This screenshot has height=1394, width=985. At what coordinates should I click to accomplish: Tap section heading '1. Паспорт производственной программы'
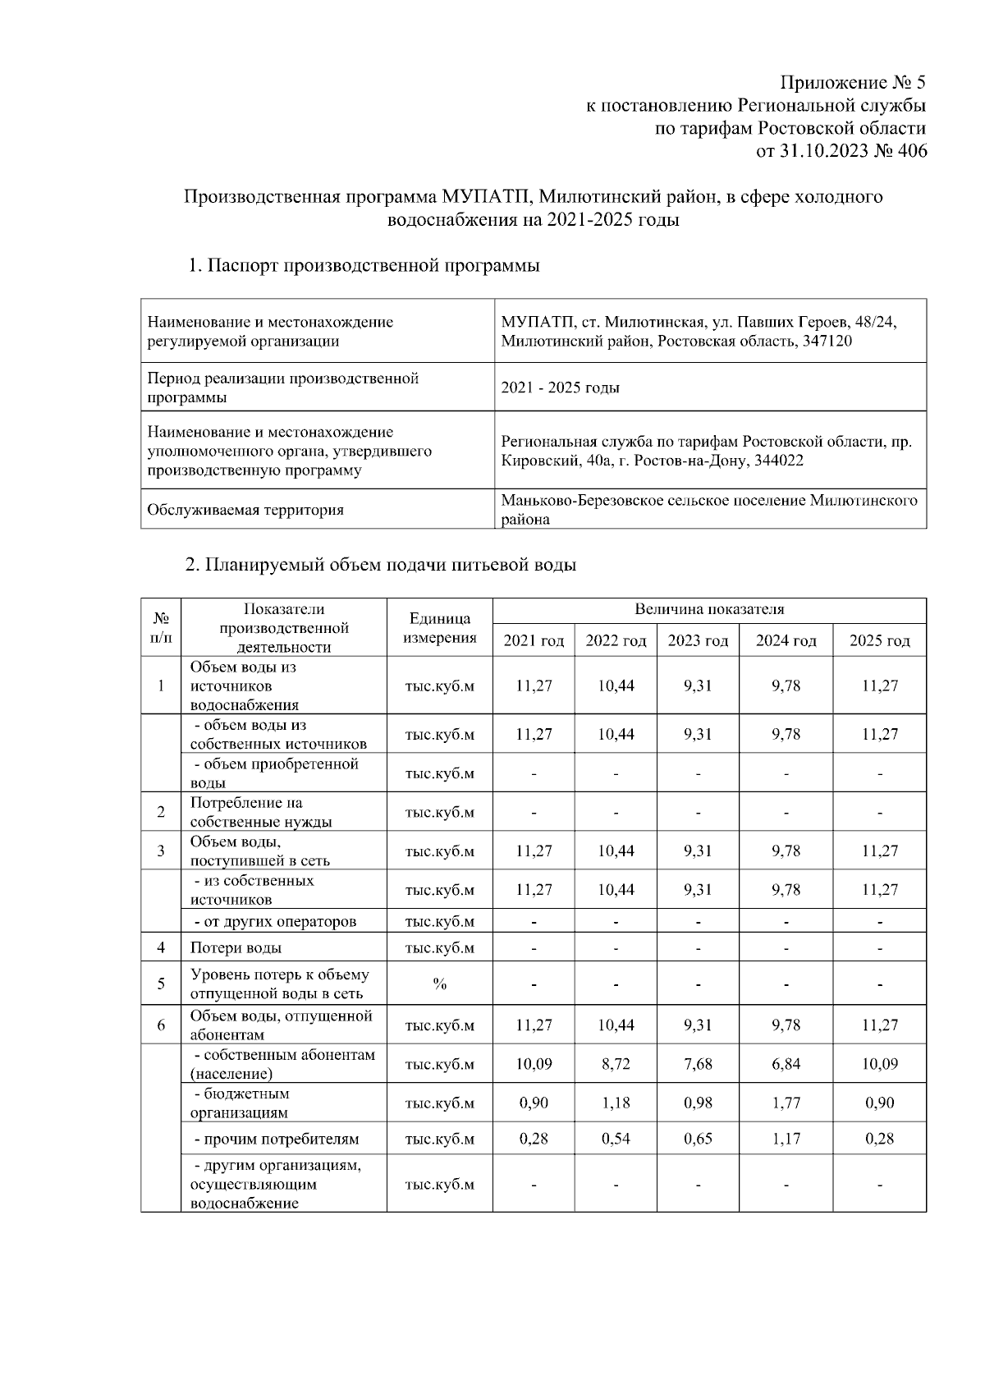point(364,266)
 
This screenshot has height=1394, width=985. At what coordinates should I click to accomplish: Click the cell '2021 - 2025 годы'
point(561,387)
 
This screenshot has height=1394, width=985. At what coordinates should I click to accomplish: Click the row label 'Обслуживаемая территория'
point(245,510)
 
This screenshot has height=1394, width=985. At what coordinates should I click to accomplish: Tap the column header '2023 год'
point(698,640)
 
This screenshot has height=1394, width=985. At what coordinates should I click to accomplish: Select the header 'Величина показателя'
point(709,610)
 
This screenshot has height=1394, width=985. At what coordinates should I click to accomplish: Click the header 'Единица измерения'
point(440,628)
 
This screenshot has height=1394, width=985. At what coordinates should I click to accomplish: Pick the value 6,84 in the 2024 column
point(786,1064)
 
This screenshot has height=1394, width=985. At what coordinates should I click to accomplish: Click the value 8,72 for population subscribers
point(616,1064)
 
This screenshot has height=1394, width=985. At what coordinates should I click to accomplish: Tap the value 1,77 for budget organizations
point(786,1103)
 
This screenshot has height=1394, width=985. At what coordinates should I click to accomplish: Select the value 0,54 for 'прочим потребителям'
point(616,1139)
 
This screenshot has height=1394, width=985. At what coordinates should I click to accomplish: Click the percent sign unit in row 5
point(440,984)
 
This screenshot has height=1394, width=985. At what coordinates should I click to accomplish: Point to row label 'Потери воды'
point(236,947)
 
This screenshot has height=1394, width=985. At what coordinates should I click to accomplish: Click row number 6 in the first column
point(161,1025)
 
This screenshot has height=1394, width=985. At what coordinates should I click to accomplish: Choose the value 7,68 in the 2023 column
point(698,1064)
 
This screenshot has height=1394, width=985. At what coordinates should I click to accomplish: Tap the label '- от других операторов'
point(275,921)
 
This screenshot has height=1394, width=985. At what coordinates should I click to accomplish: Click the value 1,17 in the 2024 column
point(786,1139)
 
